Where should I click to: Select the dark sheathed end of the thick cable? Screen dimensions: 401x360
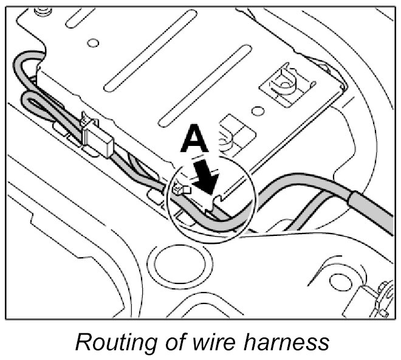374,209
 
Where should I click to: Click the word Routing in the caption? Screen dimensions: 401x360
109,342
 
